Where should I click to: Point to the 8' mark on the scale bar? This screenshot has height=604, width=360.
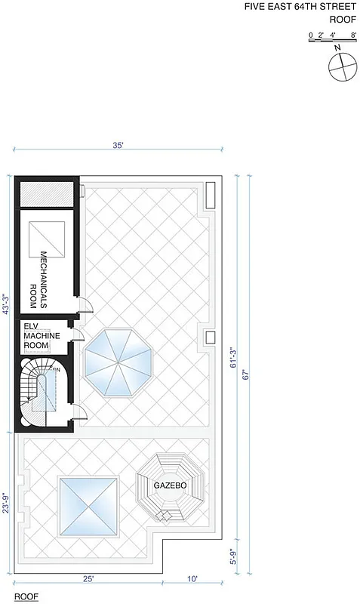coord(353,35)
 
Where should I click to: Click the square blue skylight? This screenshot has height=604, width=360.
coord(88,507)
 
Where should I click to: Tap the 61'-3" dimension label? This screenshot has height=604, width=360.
coord(232,356)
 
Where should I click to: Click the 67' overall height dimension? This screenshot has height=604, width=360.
coord(245,376)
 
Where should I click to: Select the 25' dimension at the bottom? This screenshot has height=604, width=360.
coord(88,578)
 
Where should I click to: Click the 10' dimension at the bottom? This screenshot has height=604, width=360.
coord(192,578)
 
